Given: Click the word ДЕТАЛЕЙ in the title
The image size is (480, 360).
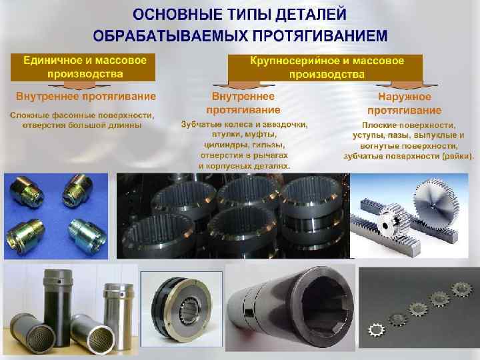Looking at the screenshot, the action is point(311,15).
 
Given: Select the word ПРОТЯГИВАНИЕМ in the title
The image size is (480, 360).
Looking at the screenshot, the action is point(320,35).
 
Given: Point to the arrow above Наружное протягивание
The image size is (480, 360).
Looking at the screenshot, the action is point(407,85).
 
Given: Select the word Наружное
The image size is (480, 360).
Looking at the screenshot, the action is point(405,97).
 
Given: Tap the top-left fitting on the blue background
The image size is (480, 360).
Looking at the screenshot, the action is point(26,191).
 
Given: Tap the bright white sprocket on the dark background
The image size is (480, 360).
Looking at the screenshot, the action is point(376,330).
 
